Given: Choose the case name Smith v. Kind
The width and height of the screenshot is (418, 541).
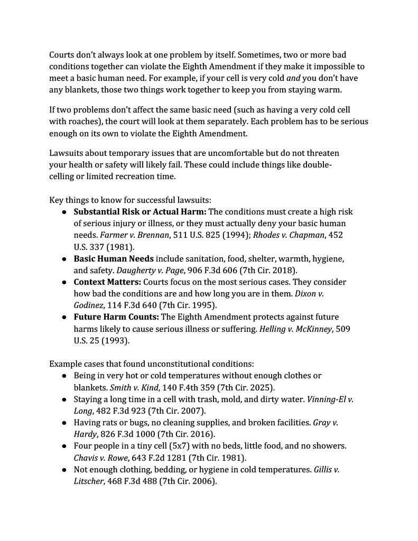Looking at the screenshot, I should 122,387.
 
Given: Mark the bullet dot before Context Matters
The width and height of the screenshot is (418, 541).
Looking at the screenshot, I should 63,282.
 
